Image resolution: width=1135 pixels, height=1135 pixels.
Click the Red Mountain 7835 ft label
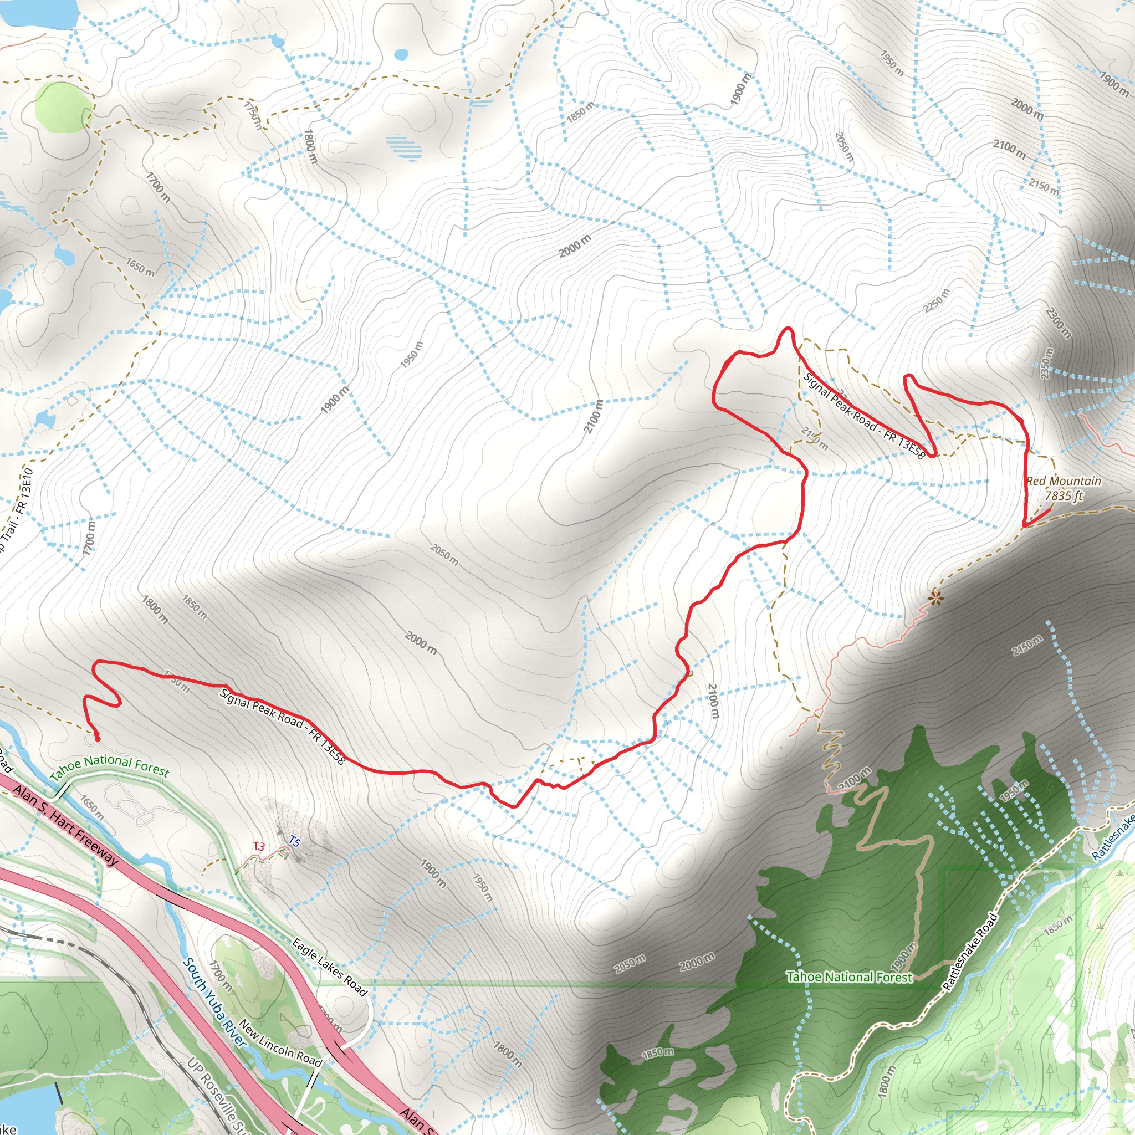1064,488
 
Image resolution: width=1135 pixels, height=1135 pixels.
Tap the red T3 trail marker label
259,847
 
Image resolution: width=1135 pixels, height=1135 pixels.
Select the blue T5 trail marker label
294,842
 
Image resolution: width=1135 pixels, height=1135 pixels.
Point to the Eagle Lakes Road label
329,967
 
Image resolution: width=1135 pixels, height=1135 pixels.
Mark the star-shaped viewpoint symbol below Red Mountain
935,599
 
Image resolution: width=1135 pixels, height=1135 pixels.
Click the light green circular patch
63,108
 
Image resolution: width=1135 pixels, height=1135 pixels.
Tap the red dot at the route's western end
97,738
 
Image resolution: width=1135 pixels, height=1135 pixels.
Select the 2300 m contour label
1059,323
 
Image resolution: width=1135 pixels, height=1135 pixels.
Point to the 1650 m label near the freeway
92,809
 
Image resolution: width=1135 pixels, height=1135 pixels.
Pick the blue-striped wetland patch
404,147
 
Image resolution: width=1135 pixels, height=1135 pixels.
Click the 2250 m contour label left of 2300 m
935,301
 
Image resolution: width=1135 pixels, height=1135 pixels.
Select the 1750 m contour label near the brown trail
252,115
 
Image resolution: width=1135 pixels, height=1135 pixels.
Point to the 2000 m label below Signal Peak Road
421,642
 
